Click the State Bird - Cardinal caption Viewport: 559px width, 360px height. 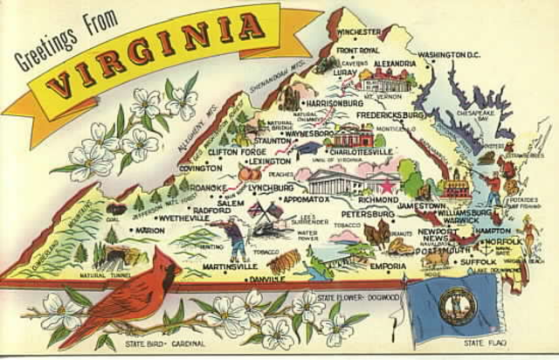156,346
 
